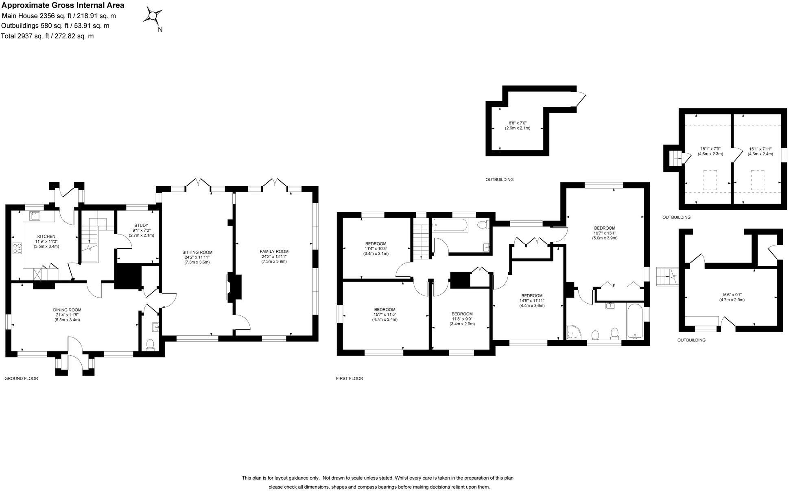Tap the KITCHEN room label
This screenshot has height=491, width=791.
tap(46, 237)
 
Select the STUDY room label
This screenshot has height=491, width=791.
tap(141, 226)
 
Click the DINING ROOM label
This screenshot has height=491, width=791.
tap(67, 310)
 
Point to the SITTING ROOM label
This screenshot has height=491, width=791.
tap(197, 252)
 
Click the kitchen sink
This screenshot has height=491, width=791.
tap(35, 215)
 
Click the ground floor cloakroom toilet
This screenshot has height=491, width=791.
tap(150, 345)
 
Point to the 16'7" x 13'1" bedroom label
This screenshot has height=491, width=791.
tap(604, 228)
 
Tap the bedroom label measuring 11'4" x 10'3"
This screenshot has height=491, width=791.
tap(376, 244)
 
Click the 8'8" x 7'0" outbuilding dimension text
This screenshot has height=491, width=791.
tap(518, 123)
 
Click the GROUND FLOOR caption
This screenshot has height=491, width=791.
tap(21, 378)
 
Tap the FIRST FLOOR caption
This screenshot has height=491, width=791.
tap(349, 378)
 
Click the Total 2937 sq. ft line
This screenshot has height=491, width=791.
tap(48, 36)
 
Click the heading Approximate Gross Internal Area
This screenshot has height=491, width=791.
tap(63, 6)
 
